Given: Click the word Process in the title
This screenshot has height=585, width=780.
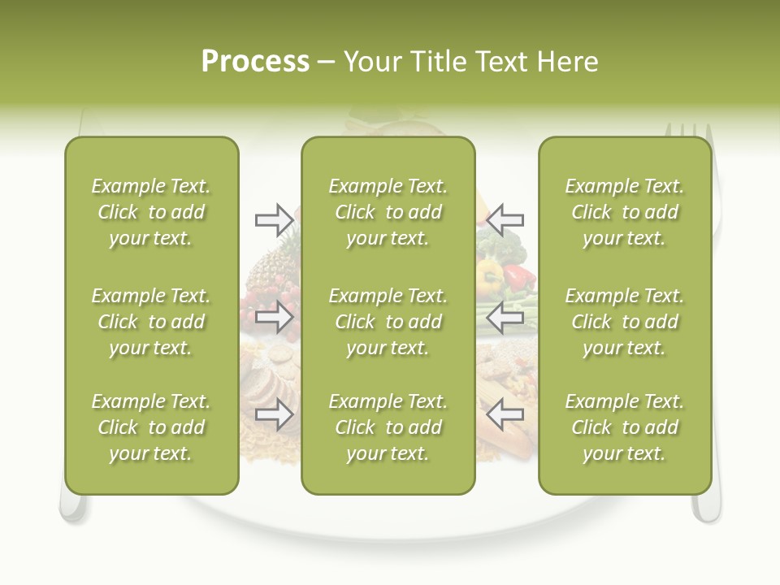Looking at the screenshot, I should pyautogui.click(x=255, y=62).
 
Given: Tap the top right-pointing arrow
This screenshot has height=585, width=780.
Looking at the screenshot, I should pyautogui.click(x=274, y=219).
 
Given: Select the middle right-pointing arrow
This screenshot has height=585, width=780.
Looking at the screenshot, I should pyautogui.click(x=274, y=316).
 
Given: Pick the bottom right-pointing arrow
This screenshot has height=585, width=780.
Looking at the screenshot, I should pyautogui.click(x=274, y=414).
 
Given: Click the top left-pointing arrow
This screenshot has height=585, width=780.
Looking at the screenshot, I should pyautogui.click(x=505, y=219).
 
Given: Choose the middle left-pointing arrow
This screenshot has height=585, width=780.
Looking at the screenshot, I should pyautogui.click(x=505, y=316).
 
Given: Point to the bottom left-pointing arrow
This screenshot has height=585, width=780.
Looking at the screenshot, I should pyautogui.click(x=505, y=414).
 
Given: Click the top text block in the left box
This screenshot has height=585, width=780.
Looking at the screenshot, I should pyautogui.click(x=151, y=212).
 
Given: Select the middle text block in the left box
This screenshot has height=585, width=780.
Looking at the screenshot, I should pyautogui.click(x=151, y=322).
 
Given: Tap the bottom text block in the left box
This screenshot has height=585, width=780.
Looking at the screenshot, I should pyautogui.click(x=151, y=427).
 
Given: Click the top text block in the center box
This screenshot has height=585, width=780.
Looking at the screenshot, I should pyautogui.click(x=388, y=212).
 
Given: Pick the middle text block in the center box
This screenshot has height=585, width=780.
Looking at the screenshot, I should pyautogui.click(x=388, y=322).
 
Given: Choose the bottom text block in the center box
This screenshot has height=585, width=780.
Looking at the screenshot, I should pyautogui.click(x=388, y=427).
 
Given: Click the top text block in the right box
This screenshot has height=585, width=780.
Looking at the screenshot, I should pyautogui.click(x=625, y=212).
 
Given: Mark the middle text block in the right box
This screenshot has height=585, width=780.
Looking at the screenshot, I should pyautogui.click(x=625, y=322).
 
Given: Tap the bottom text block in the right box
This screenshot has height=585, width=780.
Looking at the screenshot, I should pyautogui.click(x=625, y=427).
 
